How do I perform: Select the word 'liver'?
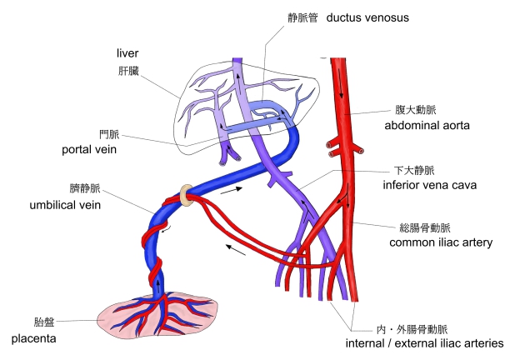click(x=127, y=54)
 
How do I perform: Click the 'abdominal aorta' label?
click(x=427, y=126)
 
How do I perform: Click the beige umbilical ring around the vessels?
click(x=189, y=193)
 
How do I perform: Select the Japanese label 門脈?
click(x=109, y=133)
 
